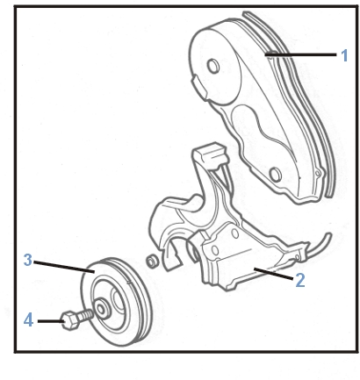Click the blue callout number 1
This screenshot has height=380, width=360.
(345, 55)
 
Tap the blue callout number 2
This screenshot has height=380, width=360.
(300, 280)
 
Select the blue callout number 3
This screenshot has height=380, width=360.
(28, 260)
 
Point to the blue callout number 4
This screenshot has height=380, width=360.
(28, 319)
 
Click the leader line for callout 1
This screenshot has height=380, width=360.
(300, 54)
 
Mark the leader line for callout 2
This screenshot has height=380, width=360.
(273, 274)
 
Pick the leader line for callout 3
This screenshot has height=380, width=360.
(64, 267)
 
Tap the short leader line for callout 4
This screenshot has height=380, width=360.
(51, 321)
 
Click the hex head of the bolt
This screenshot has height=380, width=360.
(69, 320)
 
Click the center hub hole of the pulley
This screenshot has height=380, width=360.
(101, 309)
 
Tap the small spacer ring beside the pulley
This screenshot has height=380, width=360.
(153, 261)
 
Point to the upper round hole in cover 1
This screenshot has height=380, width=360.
(212, 65)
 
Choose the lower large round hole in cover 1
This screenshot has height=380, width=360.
(276, 175)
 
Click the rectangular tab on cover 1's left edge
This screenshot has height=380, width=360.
(199, 86)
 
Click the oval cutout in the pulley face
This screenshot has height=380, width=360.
(119, 302)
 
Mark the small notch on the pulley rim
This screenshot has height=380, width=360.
(129, 283)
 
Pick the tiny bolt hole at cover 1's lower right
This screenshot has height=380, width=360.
(317, 174)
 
